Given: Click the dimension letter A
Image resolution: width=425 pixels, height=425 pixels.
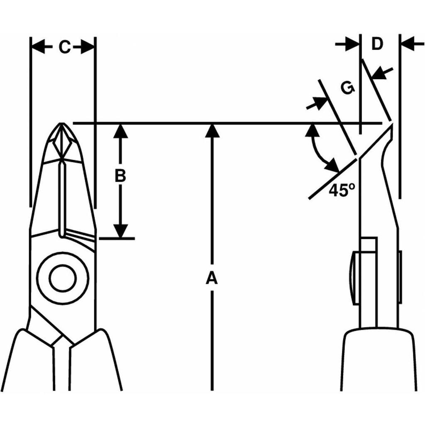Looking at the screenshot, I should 212,278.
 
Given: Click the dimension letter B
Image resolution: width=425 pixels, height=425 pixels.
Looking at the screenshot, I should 120,176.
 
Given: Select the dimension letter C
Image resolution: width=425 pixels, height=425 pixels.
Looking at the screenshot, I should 64,48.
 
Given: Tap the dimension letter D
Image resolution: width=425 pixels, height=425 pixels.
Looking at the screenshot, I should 377,44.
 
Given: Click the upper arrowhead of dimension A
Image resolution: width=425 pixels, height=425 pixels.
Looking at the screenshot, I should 212,129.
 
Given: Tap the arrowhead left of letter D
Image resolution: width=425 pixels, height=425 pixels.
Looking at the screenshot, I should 353,43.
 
